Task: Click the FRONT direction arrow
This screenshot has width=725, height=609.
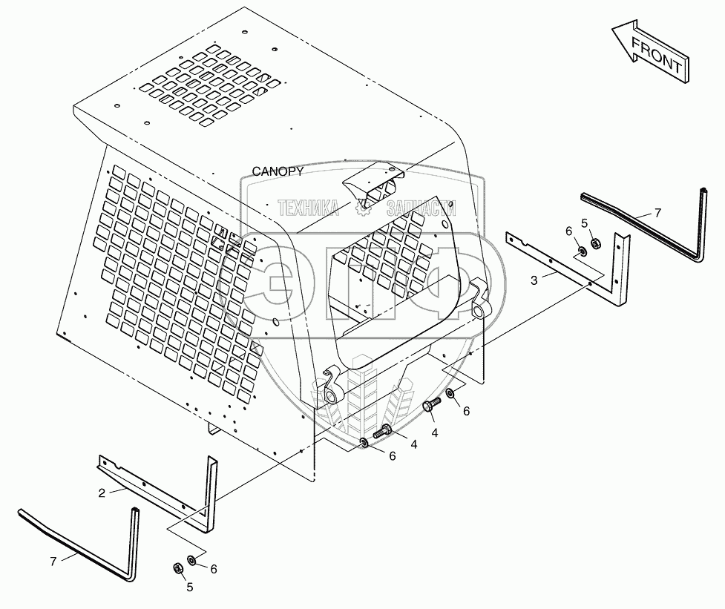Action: [651, 52]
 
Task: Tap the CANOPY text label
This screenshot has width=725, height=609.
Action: [278, 171]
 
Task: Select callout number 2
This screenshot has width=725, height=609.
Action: [102, 493]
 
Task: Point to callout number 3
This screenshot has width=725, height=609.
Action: [534, 280]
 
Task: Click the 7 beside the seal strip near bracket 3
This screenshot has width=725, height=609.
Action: [657, 213]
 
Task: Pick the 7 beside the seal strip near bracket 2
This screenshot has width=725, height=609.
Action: [53, 562]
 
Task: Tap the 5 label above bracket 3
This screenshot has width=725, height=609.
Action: [585, 223]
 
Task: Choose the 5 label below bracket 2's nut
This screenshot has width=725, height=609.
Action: [189, 587]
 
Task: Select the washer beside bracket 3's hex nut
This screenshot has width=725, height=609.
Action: [582, 251]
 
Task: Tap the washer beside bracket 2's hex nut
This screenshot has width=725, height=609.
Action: [191, 561]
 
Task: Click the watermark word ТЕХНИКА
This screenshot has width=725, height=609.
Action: [308, 208]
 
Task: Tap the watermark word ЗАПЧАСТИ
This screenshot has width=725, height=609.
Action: [421, 208]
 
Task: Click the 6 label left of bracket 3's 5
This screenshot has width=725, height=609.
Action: [568, 231]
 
